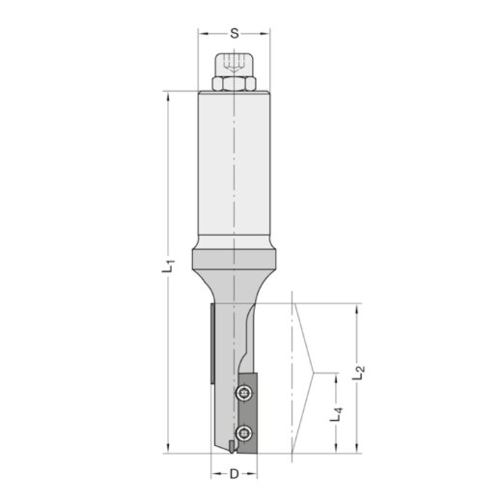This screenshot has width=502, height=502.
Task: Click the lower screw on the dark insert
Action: coord(246,431)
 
